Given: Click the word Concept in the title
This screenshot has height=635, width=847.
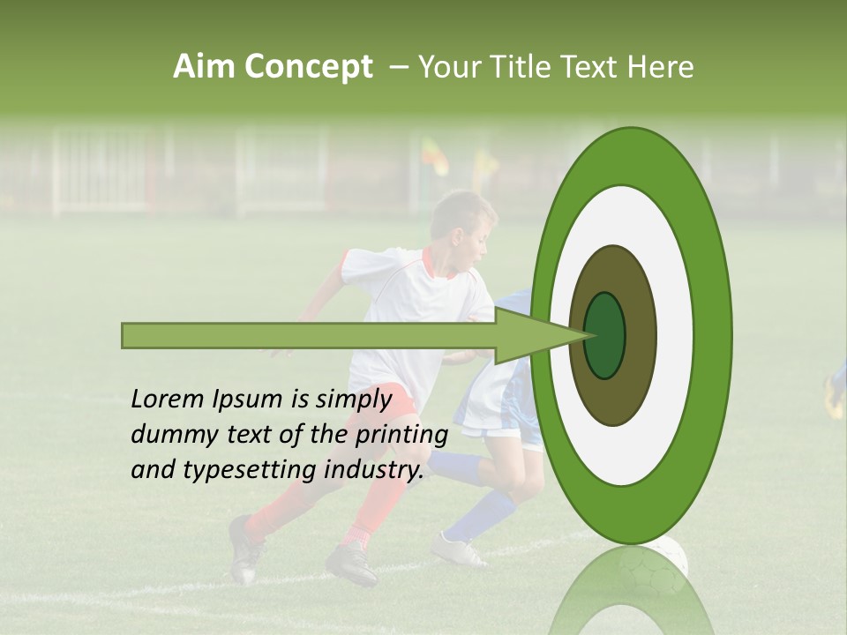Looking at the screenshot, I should tap(308, 67).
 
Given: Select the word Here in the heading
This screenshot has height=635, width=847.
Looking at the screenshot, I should tap(661, 67).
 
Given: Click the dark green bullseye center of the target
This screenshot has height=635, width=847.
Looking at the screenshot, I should tap(604, 336).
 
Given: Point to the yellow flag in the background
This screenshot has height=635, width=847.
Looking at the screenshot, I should tap(434, 155).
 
